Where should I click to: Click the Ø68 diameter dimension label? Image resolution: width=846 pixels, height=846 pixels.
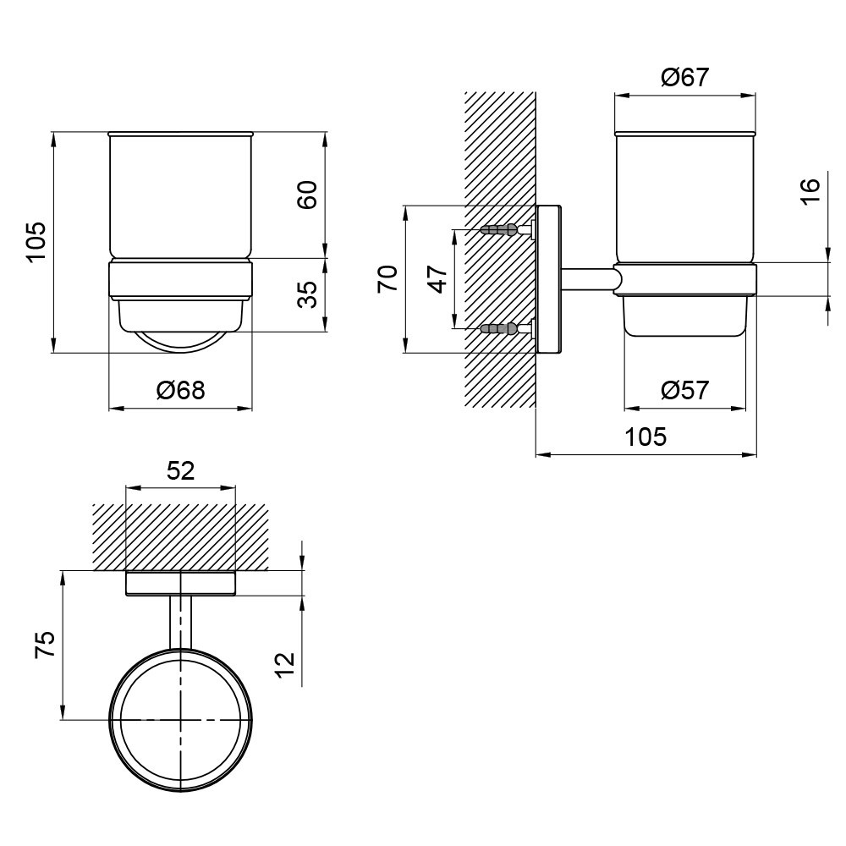[180, 391]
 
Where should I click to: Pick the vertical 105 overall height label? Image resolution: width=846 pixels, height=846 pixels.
[35, 242]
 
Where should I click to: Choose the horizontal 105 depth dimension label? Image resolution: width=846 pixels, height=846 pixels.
[645, 437]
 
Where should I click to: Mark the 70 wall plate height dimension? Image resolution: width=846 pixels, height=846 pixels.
[387, 279]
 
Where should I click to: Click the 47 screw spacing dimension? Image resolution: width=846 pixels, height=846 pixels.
[437, 279]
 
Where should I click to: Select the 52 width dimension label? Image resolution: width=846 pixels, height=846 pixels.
[180, 470]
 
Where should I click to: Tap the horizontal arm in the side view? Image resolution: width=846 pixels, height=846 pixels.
[588, 279]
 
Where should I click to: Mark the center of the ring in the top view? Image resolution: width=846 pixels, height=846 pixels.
[181, 720]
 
